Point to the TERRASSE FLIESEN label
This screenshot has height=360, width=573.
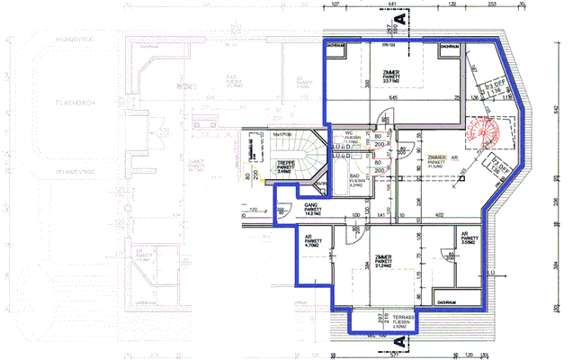tap(390, 321)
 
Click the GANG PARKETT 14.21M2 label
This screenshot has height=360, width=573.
tap(262, 210)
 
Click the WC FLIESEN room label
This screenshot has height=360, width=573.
tap(354, 136)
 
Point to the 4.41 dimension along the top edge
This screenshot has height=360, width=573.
tap(392, 4)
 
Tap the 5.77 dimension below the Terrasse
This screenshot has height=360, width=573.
tap(393, 354)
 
